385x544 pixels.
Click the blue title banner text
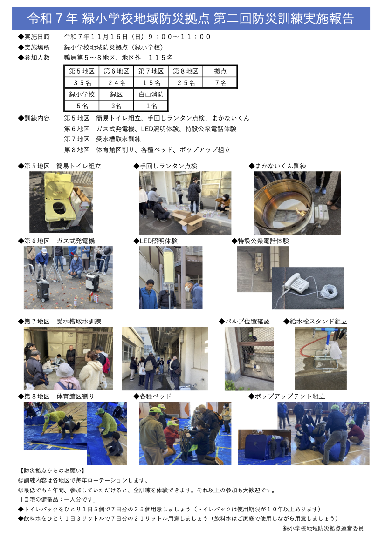point(191,19)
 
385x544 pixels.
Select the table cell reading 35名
point(82,82)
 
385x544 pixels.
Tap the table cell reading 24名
point(117,82)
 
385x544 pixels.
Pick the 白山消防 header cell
point(151,94)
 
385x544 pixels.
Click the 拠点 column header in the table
point(220,71)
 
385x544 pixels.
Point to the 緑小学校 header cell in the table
point(82,94)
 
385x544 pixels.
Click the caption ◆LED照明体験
point(155,241)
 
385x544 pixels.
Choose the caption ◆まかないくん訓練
point(277,166)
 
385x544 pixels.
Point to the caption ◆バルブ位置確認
point(244,322)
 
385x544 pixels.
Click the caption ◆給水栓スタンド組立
point(315,322)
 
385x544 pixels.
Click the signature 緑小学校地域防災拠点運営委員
point(323,528)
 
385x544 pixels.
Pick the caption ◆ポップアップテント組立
point(287,396)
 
